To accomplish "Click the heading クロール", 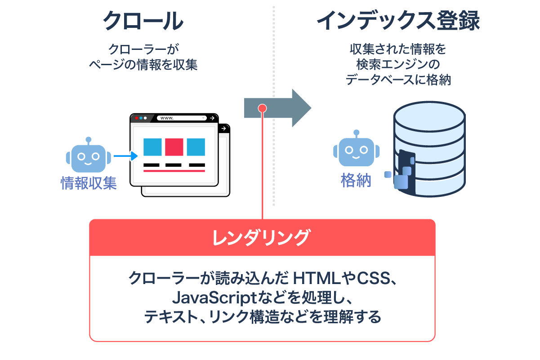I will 143,21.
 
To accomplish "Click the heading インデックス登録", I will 398,21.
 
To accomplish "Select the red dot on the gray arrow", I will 263,108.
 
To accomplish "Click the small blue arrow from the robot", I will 125,156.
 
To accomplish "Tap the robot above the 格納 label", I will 356,151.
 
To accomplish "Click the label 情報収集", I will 89,183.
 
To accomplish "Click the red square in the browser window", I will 174,147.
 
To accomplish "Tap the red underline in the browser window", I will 174,171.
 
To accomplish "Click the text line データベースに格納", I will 398,80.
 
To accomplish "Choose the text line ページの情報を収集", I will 143,64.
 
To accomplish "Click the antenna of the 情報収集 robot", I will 88,140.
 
